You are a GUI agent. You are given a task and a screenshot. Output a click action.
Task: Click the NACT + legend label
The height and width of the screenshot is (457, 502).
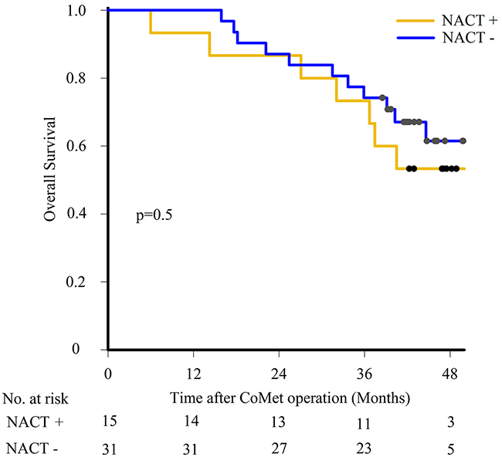pyautogui.click(x=462, y=22)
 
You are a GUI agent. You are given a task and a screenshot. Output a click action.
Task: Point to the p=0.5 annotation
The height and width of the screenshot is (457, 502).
pyautogui.click(x=153, y=215)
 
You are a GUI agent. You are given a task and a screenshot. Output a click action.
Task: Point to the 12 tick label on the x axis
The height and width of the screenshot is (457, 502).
pyautogui.click(x=193, y=371)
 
